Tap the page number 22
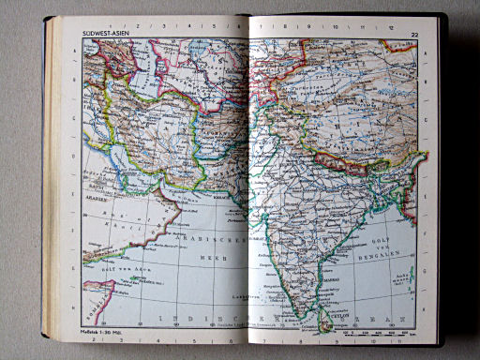pos(413,37)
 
